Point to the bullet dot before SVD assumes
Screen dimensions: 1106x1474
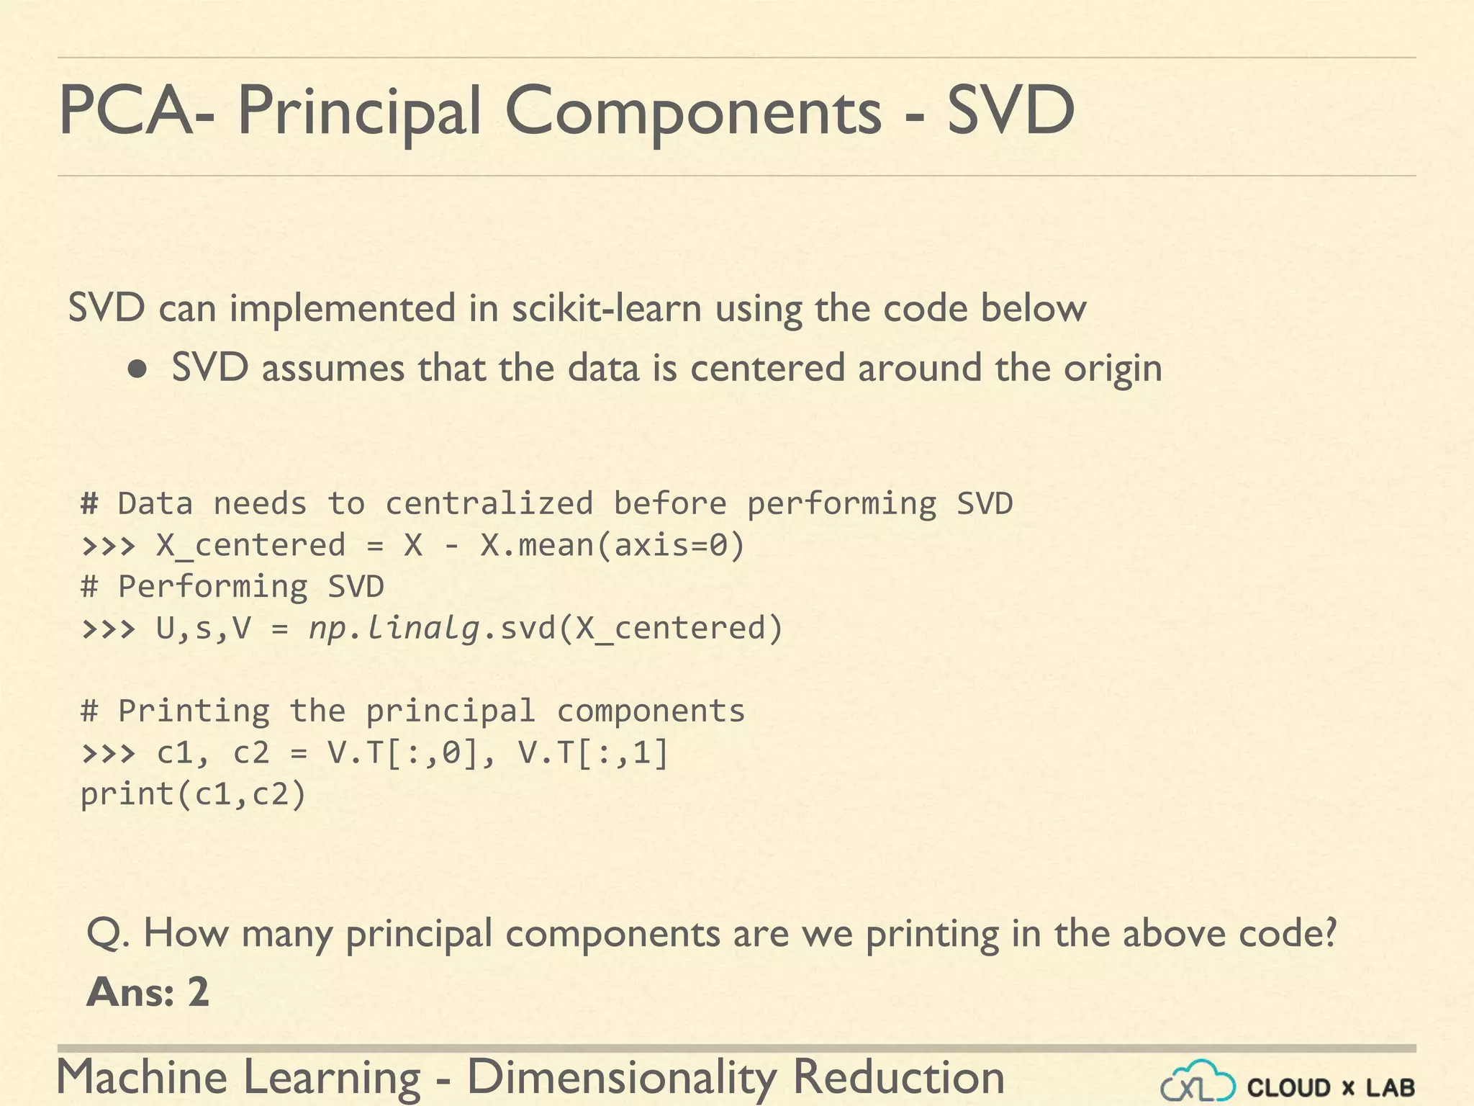pyautogui.click(x=137, y=370)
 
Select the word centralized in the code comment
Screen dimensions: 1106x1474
pyautogui.click(x=489, y=503)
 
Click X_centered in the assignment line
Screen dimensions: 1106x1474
pyautogui.click(x=250, y=545)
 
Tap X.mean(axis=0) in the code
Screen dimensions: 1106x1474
pyautogui.click(x=612, y=545)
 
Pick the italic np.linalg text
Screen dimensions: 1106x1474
pyautogui.click(x=394, y=628)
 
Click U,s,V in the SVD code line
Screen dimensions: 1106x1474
pyautogui.click(x=203, y=628)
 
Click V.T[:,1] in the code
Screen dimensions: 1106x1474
pyautogui.click(x=593, y=753)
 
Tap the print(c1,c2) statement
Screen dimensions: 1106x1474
pyautogui.click(x=193, y=794)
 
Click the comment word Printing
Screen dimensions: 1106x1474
pyautogui.click(x=194, y=711)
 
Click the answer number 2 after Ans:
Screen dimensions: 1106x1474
pyautogui.click(x=198, y=992)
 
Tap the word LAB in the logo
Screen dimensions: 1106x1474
pyautogui.click(x=1390, y=1087)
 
